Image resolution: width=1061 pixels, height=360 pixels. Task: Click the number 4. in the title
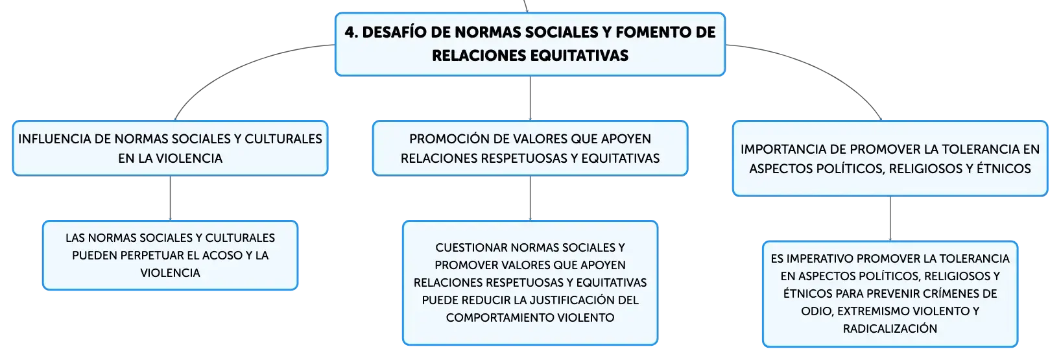[x=352, y=32]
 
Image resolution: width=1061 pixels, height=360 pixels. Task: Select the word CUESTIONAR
[x=471, y=247]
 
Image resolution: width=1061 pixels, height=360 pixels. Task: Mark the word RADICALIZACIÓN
[x=890, y=328]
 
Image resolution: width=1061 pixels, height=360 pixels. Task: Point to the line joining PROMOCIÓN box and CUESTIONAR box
[x=530, y=198]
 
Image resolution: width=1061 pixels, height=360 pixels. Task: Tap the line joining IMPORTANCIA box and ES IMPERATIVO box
[x=890, y=219]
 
